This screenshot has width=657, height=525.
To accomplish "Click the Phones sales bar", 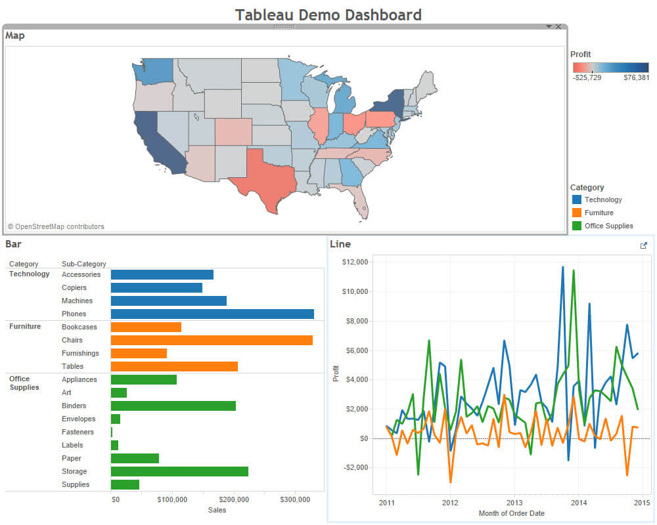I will click(x=212, y=314).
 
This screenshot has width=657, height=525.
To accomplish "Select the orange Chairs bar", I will click(x=211, y=340).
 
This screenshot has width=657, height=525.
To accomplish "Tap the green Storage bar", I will click(x=179, y=471).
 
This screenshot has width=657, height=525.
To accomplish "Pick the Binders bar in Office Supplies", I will click(x=173, y=406).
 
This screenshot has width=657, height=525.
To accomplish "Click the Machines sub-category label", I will click(x=77, y=301).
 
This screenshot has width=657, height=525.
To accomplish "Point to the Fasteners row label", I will click(x=78, y=432).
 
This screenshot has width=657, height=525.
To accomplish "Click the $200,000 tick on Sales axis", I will click(x=233, y=499).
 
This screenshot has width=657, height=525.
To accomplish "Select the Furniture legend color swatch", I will click(x=577, y=213).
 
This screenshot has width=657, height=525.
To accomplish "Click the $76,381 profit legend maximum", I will click(x=636, y=77).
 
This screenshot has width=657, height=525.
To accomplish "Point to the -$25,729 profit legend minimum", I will click(x=587, y=77).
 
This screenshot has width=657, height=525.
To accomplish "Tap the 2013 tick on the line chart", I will click(x=514, y=503).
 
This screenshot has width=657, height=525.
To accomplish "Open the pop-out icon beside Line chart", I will click(x=643, y=245).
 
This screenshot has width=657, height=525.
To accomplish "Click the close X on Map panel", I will click(x=558, y=27).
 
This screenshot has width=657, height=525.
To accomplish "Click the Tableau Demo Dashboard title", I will click(x=328, y=14).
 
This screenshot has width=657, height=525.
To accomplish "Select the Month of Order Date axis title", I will click(x=511, y=513).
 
